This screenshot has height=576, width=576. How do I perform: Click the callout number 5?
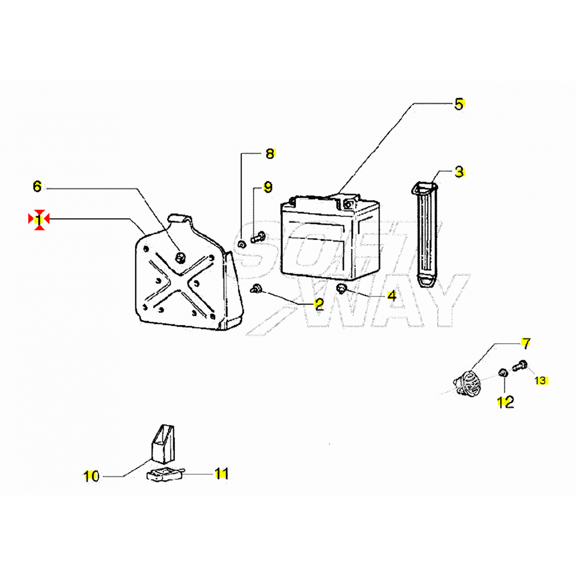[x=459, y=104]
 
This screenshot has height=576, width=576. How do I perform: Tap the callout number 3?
[x=459, y=172]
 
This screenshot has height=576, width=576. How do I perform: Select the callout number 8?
[x=270, y=153]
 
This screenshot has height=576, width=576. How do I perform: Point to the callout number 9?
[x=268, y=187]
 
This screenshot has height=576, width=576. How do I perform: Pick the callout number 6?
[x=37, y=186]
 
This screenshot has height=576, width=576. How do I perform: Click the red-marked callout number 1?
[x=39, y=220]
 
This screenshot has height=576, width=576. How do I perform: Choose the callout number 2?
[x=319, y=304]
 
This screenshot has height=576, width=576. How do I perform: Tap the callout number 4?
[x=392, y=295]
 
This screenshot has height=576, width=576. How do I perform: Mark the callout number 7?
[x=526, y=344]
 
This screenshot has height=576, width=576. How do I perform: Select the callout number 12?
[x=505, y=402]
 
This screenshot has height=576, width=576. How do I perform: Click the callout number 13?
[x=540, y=380]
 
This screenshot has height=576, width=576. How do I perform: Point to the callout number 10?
[x=91, y=477]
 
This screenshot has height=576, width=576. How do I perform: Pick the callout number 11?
[x=221, y=474]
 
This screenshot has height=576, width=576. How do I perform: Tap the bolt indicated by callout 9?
[x=258, y=237]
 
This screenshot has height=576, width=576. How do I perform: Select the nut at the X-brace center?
[x=180, y=257]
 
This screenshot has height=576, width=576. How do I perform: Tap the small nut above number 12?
[x=503, y=373]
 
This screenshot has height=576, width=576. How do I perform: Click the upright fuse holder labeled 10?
[x=163, y=444]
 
